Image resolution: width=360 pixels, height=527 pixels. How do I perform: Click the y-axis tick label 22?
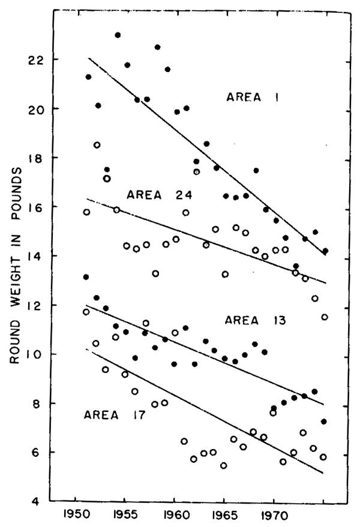37,60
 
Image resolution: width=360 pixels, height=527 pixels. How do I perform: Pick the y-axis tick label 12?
37,305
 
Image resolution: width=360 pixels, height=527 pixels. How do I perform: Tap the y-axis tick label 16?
37,207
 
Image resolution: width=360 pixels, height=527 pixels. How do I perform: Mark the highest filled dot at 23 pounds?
118,35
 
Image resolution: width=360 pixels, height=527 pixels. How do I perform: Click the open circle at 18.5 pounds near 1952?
97,145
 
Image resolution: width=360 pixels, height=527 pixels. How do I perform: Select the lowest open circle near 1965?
223,465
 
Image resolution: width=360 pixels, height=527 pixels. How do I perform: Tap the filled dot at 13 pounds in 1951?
86,277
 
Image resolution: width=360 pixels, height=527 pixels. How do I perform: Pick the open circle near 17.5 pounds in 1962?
196,172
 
